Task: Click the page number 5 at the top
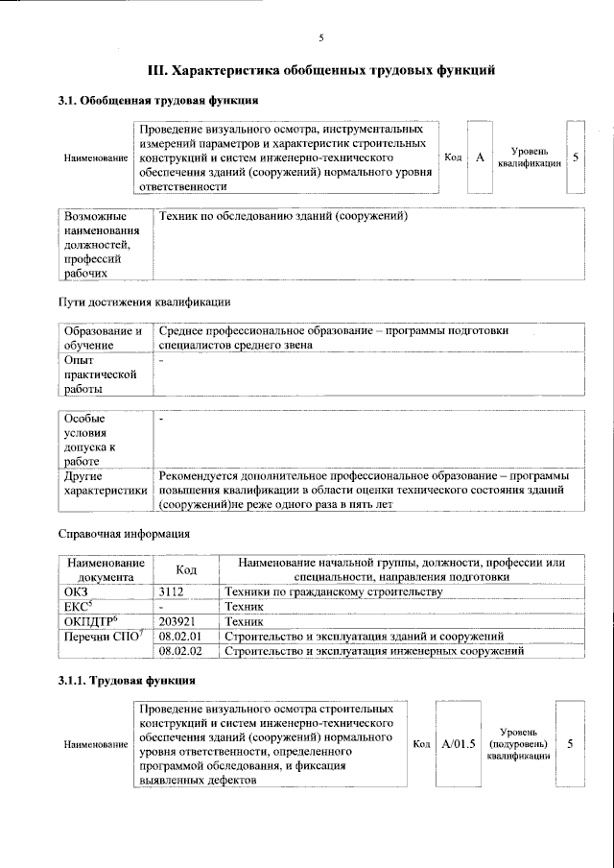click(321, 37)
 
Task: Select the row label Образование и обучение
click(103, 338)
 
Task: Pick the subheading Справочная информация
click(124, 533)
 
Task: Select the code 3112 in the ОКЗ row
click(172, 592)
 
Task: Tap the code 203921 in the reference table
click(177, 622)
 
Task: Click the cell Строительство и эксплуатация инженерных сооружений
click(372, 651)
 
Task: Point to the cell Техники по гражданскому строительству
click(332, 592)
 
